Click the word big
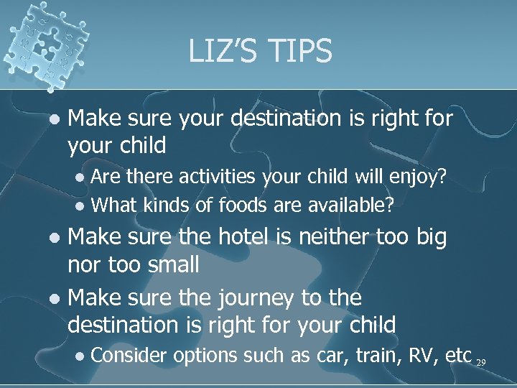click(x=429, y=238)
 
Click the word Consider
click(x=130, y=355)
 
